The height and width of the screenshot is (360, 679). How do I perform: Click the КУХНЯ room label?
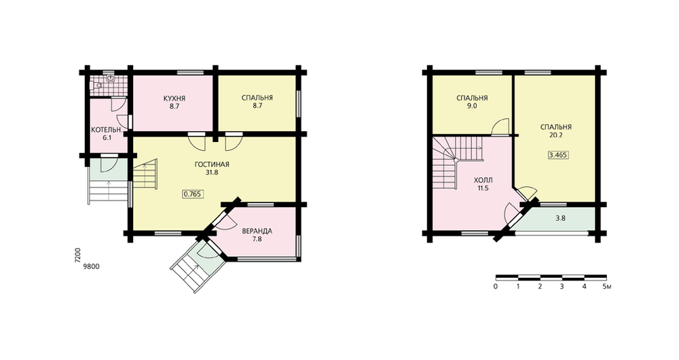click(174, 98)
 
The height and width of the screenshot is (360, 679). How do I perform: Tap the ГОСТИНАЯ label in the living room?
click(212, 164)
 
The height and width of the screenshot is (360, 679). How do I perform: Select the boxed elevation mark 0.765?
click(192, 194)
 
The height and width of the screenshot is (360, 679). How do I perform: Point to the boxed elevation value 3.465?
click(557, 155)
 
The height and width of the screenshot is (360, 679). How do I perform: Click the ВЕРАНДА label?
click(257, 231)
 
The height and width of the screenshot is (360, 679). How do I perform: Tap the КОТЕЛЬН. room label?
click(107, 130)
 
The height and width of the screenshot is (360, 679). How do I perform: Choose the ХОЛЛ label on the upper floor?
click(483, 180)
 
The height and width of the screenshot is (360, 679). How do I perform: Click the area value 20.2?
click(556, 135)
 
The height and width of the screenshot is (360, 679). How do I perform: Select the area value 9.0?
click(472, 106)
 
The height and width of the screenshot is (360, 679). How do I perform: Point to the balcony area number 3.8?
click(560, 218)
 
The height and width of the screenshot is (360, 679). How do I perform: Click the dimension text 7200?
click(77, 255)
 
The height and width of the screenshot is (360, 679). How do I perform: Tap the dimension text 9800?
click(92, 267)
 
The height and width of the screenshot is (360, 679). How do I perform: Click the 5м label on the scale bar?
click(606, 287)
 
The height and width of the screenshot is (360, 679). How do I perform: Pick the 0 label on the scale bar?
click(496, 287)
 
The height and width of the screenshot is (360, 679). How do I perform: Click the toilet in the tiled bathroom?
click(97, 86)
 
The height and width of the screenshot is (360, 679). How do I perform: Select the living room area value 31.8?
click(212, 173)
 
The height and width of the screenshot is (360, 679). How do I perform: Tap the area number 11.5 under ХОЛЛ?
click(483, 188)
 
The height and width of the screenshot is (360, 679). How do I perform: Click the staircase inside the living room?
click(145, 174)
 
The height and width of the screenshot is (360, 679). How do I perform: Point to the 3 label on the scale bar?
click(562, 287)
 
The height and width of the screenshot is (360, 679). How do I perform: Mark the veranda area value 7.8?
click(257, 238)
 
